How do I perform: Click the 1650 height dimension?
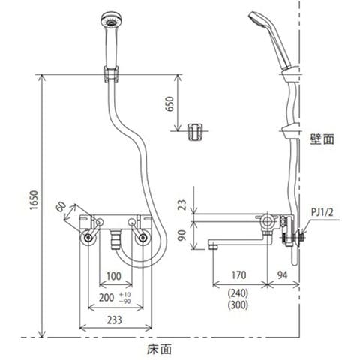click(x=34, y=200)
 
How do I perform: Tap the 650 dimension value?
click(x=169, y=103)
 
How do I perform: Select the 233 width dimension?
click(x=115, y=320)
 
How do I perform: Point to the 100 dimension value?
click(x=114, y=276)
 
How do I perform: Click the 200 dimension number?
click(x=106, y=298)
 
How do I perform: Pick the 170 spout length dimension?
click(x=238, y=275)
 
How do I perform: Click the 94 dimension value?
click(x=282, y=275)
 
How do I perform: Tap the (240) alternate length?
click(x=238, y=293)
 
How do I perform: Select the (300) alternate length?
click(x=238, y=305)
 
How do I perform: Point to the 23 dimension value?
click(x=183, y=205)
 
